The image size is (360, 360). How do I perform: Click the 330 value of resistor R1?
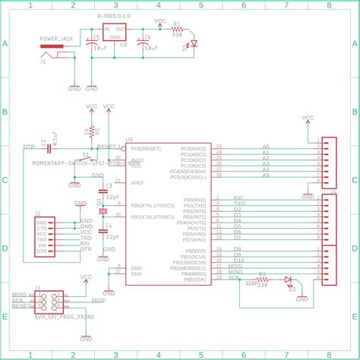pyautogui.click(x=177, y=34)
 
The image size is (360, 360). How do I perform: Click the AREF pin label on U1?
pyautogui.click(x=137, y=183)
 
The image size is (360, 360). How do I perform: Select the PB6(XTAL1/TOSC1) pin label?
pyautogui.click(x=155, y=205)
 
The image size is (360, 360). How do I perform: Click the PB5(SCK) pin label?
pyautogui.click(x=195, y=279)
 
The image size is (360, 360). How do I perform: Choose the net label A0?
pyautogui.click(x=266, y=146)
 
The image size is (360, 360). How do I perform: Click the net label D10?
pyautogui.click(x=238, y=260)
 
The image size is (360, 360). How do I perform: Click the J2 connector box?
pyautogui.click(x=42, y=235)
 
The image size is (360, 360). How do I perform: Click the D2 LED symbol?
pyautogui.click(x=288, y=280)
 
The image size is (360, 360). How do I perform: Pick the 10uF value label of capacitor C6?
pyautogui.click(x=150, y=47)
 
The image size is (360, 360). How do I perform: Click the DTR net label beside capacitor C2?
pyautogui.click(x=29, y=146)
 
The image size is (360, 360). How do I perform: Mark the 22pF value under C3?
pyautogui.click(x=112, y=196)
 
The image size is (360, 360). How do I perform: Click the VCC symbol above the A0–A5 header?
pyautogui.click(x=308, y=119)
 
